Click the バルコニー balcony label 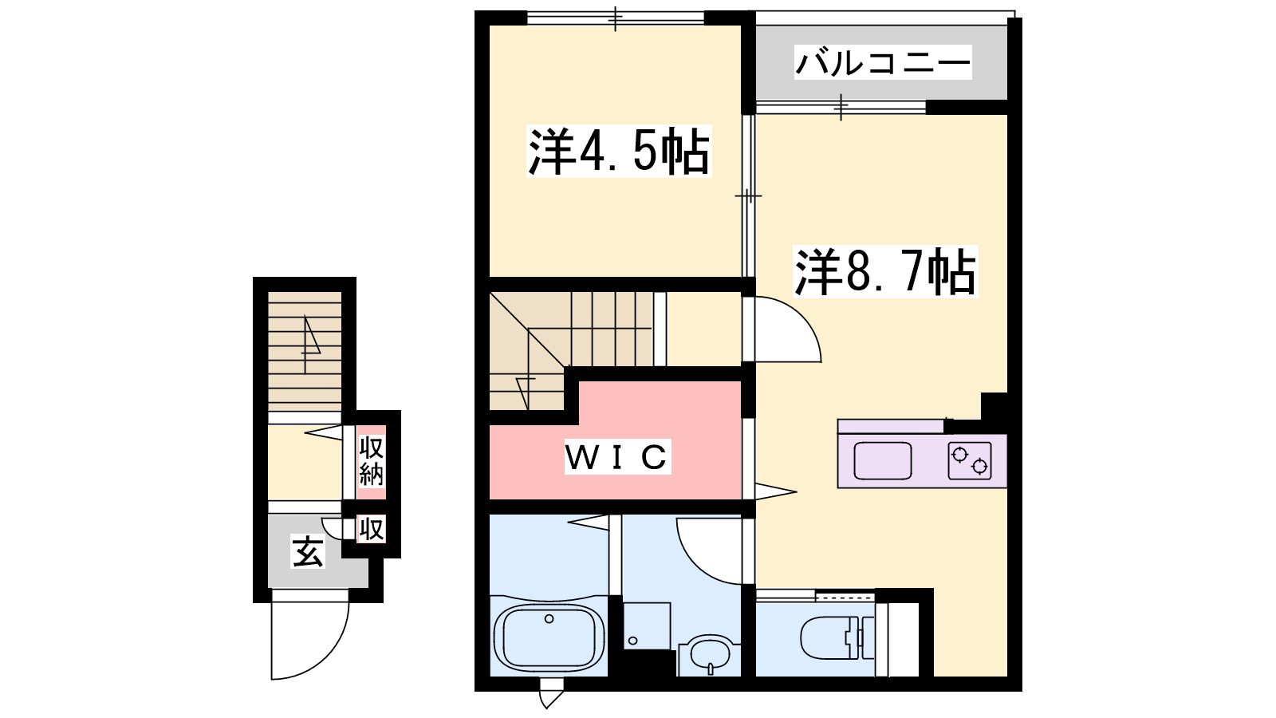pyautogui.click(x=883, y=62)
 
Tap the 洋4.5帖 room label pyautogui.click(x=619, y=151)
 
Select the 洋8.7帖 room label pyautogui.click(x=885, y=272)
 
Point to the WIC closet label pyautogui.click(x=617, y=456)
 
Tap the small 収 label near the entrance pyautogui.click(x=371, y=528)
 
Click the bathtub pyautogui.click(x=549, y=636)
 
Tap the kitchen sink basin pyautogui.click(x=882, y=460)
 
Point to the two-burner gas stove pyautogui.click(x=970, y=460)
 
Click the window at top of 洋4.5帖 pyautogui.click(x=615, y=18)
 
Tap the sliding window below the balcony pyautogui.click(x=841, y=107)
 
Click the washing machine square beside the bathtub pyautogui.click(x=647, y=625)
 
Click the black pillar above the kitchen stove pyautogui.click(x=994, y=407)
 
